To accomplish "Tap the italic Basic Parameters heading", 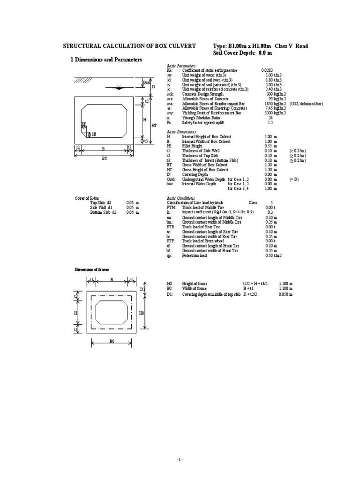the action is (x=181, y=66).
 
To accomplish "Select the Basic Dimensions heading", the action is (x=181, y=132).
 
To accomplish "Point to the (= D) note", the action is (x=294, y=179).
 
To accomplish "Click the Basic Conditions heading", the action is (x=181, y=197).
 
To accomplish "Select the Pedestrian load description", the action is (x=196, y=255).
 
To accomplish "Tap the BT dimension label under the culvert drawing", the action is (x=105, y=159).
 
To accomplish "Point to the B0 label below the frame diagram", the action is (x=112, y=342).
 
